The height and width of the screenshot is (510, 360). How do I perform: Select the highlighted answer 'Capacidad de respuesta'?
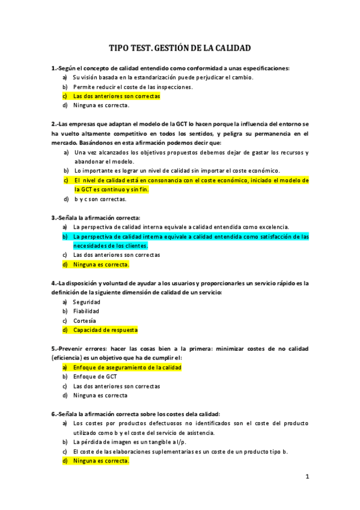coord(105,330)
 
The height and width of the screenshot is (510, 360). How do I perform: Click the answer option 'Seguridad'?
coord(87,302)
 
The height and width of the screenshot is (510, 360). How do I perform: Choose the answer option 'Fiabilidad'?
coord(86,311)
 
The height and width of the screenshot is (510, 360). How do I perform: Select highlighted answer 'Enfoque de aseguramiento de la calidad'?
coord(127,367)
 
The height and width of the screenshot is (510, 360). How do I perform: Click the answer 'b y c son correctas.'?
coord(100,198)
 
